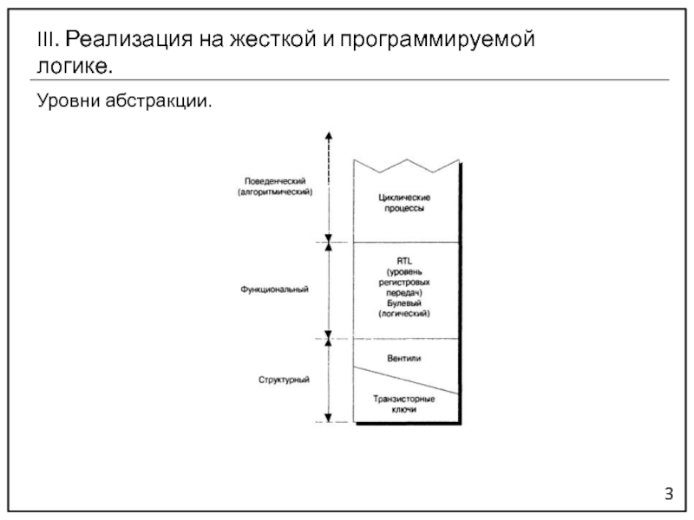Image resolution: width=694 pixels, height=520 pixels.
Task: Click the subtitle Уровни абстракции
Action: (123, 101)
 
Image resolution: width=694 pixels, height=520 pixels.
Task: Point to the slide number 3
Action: (669, 495)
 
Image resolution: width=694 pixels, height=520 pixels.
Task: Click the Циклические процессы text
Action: (406, 204)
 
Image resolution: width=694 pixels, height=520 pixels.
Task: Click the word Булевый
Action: (406, 302)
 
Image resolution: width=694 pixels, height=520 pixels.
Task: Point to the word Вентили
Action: (406, 356)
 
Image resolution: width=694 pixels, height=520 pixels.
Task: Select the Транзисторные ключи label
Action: (404, 403)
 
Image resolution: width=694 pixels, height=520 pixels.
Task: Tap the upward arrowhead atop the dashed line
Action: (329, 134)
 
